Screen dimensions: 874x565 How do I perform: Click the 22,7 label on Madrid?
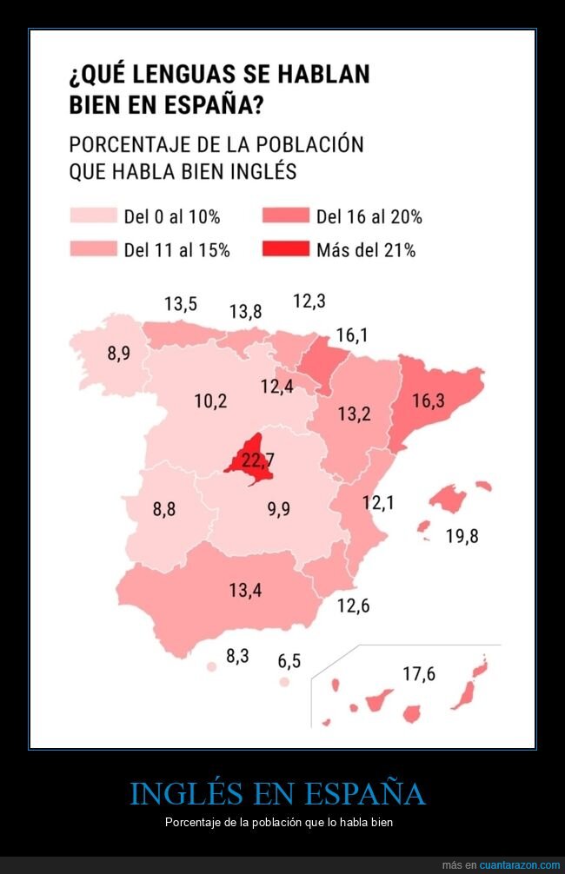251,458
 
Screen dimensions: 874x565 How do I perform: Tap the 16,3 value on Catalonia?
428,401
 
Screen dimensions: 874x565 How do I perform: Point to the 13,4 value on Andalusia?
245,591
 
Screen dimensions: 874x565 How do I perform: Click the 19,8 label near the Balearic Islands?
462,536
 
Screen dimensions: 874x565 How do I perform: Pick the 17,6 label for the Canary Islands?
418,673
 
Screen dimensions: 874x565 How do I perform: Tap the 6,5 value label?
289,661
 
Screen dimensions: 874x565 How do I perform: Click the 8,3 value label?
237,656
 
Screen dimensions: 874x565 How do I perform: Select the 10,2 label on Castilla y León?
210,401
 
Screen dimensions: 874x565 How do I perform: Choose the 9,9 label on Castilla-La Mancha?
278,509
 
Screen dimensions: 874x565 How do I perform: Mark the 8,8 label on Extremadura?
164,509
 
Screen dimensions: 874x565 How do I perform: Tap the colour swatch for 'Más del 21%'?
285,250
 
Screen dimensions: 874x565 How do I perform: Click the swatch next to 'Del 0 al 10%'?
93,216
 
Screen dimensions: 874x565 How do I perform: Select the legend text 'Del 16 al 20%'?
369,217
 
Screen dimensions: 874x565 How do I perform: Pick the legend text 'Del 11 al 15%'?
176,250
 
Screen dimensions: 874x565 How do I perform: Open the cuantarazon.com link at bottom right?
513,865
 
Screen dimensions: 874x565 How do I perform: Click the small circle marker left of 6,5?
283,683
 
